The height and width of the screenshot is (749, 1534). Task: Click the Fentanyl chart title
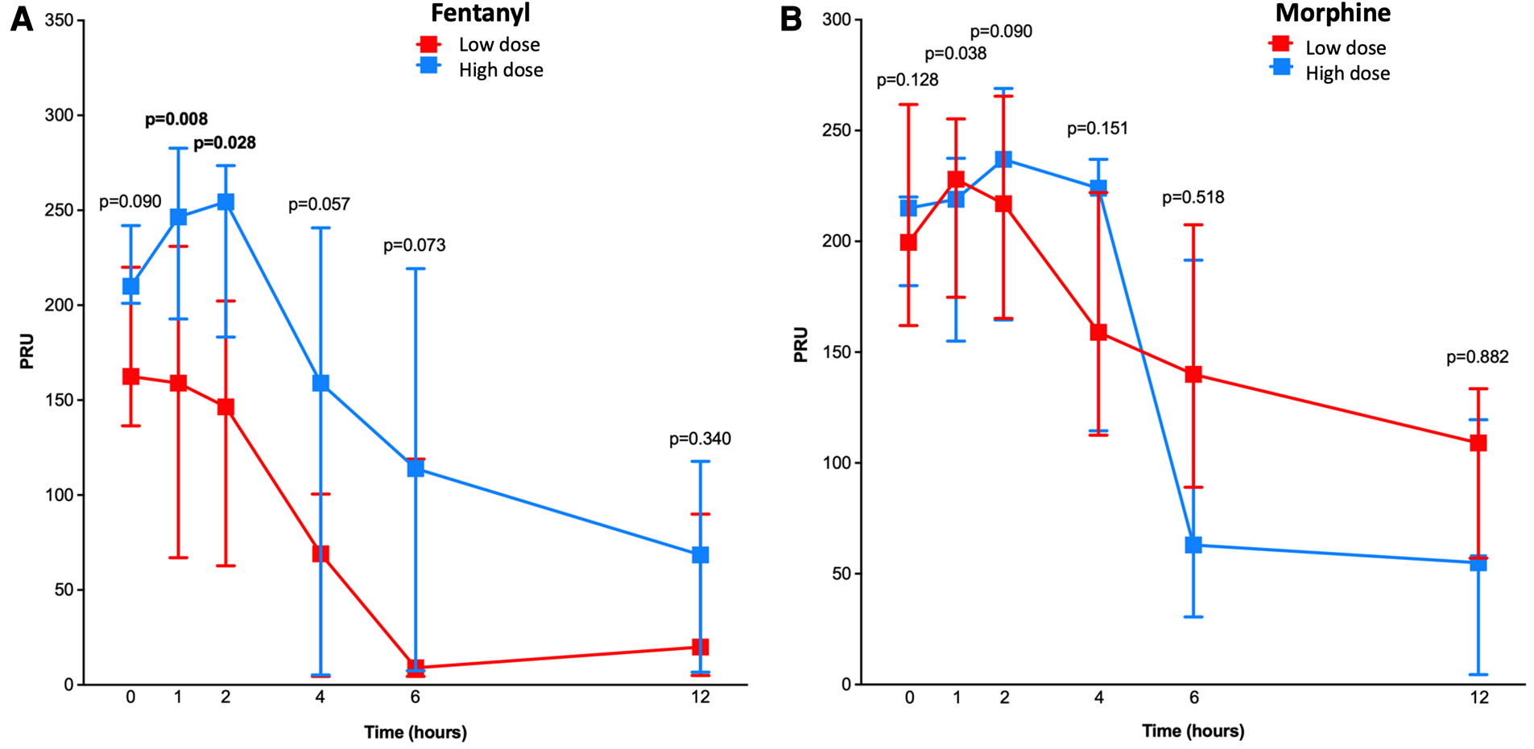[x=480, y=14]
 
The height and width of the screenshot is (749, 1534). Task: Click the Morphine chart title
[x=1332, y=14]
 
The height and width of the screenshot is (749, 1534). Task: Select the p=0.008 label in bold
[x=176, y=120]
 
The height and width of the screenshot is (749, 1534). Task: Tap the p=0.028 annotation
[x=225, y=143]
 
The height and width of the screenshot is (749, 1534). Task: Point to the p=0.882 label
[x=1477, y=357]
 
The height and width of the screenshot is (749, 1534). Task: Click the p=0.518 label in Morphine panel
[x=1193, y=198]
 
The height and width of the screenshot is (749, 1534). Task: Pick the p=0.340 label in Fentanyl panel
[x=700, y=439]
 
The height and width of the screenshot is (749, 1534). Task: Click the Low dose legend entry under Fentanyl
[x=498, y=45]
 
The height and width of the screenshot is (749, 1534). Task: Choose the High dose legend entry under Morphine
[x=1346, y=74]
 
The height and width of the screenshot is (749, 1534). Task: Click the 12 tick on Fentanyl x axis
[x=700, y=698]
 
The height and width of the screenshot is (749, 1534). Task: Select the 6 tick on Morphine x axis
[x=1193, y=698]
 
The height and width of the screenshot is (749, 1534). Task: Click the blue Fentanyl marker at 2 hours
[x=225, y=202]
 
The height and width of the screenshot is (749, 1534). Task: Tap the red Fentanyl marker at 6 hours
[x=416, y=667]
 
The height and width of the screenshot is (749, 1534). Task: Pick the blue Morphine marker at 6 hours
[x=1193, y=545]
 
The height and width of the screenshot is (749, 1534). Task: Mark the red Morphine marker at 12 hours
[x=1478, y=443]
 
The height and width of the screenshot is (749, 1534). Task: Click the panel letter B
[x=791, y=19]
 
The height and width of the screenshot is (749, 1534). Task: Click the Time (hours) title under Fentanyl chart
[x=415, y=732]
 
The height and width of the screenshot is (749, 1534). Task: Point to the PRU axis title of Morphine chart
[x=800, y=344]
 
